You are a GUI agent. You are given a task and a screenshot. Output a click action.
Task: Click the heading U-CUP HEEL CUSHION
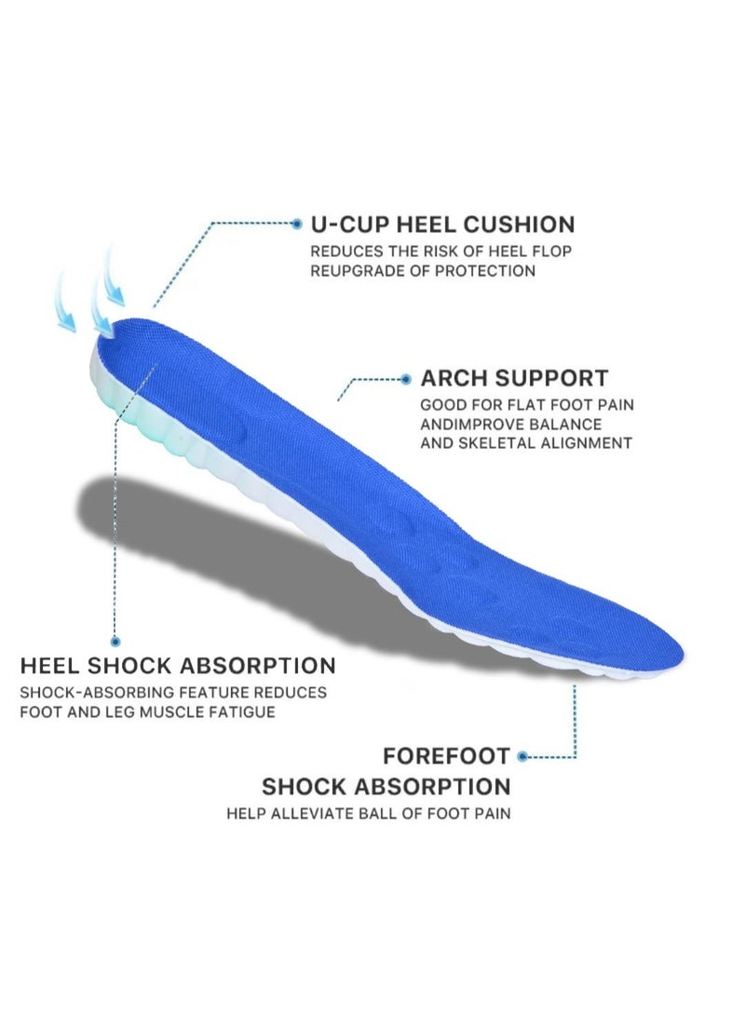(442, 224)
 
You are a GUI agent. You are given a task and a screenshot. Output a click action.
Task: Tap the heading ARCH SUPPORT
(514, 379)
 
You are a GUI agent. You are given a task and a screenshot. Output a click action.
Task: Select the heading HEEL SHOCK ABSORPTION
(178, 666)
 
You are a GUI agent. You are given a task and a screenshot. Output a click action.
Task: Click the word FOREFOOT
(446, 755)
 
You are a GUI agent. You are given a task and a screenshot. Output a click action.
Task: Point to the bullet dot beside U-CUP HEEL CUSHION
(297, 223)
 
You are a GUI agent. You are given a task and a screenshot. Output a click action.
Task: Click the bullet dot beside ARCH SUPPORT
(406, 379)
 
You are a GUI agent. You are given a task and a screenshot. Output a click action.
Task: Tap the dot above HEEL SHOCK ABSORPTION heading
(115, 642)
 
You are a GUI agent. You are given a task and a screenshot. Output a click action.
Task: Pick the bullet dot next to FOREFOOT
(523, 756)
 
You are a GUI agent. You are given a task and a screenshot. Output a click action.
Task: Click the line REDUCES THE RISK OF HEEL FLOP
(441, 251)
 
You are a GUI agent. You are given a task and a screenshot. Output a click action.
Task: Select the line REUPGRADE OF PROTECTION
(423, 271)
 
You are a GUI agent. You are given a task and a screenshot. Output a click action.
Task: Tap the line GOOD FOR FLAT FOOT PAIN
(520, 405)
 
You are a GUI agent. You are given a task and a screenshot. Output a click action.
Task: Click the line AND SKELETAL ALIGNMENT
(526, 443)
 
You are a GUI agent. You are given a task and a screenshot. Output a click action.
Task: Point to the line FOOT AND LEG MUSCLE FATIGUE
(147, 712)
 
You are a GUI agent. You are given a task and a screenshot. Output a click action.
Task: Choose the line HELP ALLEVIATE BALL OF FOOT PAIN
(369, 813)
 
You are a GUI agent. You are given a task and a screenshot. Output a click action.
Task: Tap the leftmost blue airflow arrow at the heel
(65, 303)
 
